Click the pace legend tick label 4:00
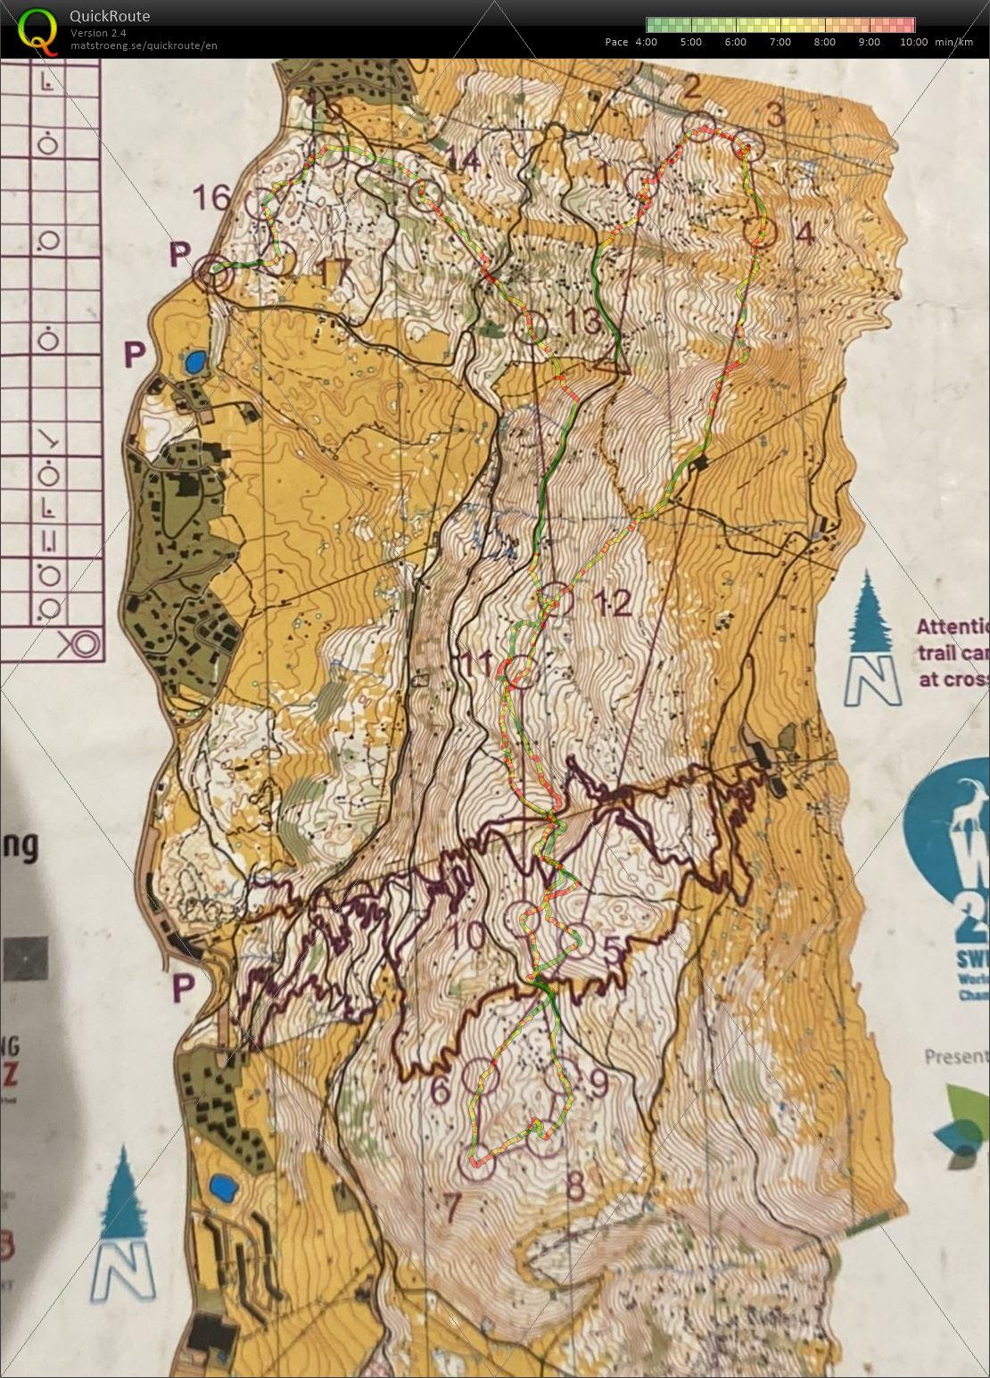click(x=646, y=42)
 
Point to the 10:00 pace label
click(x=913, y=42)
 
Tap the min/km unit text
click(x=953, y=42)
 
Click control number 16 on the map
click(x=212, y=197)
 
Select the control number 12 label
click(x=611, y=605)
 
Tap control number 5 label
click(x=613, y=952)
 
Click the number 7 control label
click(x=451, y=1209)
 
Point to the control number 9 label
click(x=598, y=1084)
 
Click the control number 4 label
click(x=804, y=235)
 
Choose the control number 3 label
click(x=776, y=115)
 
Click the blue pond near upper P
click(x=194, y=361)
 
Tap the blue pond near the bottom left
click(x=219, y=1187)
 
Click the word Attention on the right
click(x=953, y=626)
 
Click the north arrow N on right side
click(x=871, y=681)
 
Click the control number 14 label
click(x=463, y=160)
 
